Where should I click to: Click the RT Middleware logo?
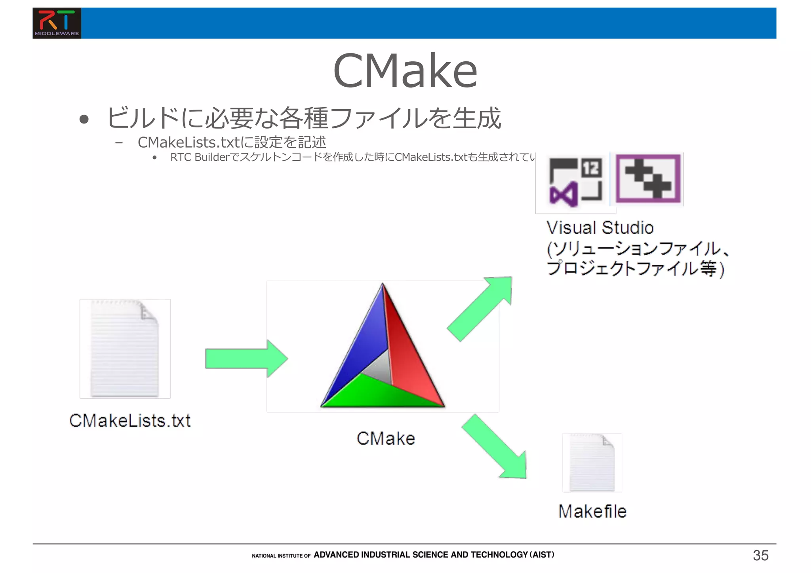(x=57, y=23)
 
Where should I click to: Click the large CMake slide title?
(x=405, y=71)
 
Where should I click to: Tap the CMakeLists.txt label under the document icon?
(x=130, y=421)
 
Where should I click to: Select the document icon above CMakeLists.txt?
(x=125, y=348)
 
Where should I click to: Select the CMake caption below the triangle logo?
(x=386, y=438)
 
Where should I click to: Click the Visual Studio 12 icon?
(x=575, y=182)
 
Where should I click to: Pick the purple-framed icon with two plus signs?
(x=648, y=179)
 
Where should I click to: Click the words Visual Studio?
(x=600, y=228)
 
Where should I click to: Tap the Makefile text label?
(x=592, y=511)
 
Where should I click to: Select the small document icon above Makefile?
(x=592, y=462)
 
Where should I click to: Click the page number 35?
(x=760, y=555)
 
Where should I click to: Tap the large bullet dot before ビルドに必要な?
(x=84, y=119)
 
